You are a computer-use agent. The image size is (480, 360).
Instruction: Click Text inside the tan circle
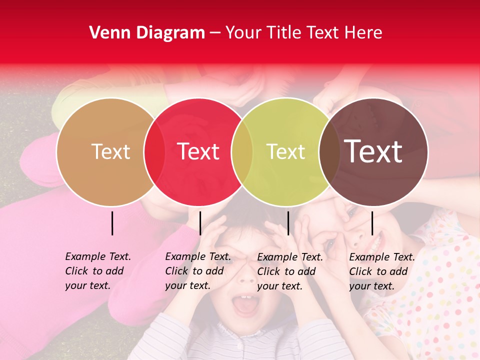click(110, 152)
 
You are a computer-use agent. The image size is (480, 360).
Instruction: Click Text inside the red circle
click(198, 152)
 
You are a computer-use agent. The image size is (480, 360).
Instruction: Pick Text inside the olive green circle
click(285, 152)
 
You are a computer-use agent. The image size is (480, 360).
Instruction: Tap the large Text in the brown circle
click(373, 151)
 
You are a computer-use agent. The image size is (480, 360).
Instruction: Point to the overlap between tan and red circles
click(154, 152)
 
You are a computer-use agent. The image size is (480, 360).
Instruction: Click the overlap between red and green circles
click(242, 152)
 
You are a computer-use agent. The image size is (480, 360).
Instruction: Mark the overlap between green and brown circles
click(329, 152)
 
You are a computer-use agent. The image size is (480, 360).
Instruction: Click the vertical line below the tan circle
click(112, 223)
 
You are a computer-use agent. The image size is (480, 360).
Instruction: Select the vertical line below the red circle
click(200, 223)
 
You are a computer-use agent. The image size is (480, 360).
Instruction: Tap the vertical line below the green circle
click(288, 223)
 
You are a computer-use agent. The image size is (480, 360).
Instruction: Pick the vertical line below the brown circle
click(372, 223)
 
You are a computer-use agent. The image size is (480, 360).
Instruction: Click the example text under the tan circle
click(97, 271)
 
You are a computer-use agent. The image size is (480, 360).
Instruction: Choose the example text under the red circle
click(197, 271)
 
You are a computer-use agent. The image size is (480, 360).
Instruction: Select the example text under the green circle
click(289, 271)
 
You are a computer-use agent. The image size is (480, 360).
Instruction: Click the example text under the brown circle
click(381, 271)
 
